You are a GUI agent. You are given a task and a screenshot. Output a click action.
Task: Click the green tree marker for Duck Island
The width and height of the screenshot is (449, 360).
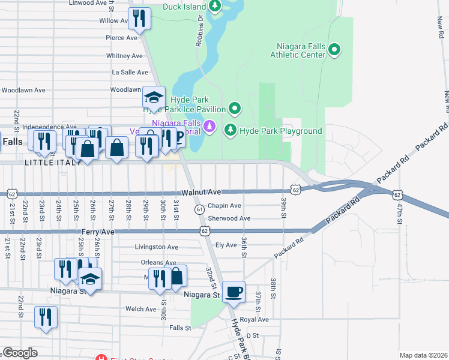click(215, 7)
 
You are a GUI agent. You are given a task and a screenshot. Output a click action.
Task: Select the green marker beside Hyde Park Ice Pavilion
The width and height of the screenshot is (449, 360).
click(235, 109)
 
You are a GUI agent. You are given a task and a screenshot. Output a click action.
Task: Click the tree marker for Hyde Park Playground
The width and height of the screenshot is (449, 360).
click(230, 130)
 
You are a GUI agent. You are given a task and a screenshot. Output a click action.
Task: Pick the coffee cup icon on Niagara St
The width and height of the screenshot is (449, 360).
click(234, 292)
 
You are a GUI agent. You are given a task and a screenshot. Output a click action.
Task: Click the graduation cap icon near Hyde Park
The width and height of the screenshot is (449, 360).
click(154, 98)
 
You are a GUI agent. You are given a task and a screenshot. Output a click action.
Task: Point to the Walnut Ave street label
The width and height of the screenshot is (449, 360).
click(202, 192)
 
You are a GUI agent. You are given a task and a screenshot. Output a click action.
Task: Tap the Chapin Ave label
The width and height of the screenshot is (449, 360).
click(224, 206)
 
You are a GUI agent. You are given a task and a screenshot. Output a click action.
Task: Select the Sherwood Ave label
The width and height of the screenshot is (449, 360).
click(229, 218)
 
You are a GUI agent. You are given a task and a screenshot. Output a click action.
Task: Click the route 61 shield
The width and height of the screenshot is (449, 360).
click(199, 209)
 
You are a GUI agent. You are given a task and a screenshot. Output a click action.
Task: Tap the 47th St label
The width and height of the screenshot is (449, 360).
click(400, 213)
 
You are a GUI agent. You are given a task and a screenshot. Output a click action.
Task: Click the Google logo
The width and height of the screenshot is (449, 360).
click(20, 353)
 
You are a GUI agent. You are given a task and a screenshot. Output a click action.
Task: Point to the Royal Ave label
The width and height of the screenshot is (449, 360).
click(254, 320)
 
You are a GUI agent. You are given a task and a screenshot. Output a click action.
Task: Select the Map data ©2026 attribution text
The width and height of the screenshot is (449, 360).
click(423, 355)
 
